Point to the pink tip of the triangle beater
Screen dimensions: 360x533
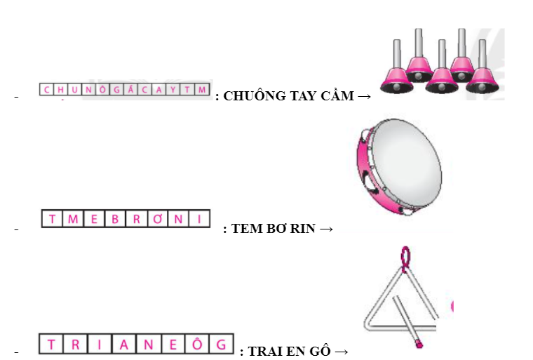click(x=418, y=344)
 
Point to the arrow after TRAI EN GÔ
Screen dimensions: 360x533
click(x=342, y=351)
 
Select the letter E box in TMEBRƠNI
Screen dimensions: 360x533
click(x=93, y=219)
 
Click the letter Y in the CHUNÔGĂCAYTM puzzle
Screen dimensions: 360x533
click(x=173, y=89)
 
